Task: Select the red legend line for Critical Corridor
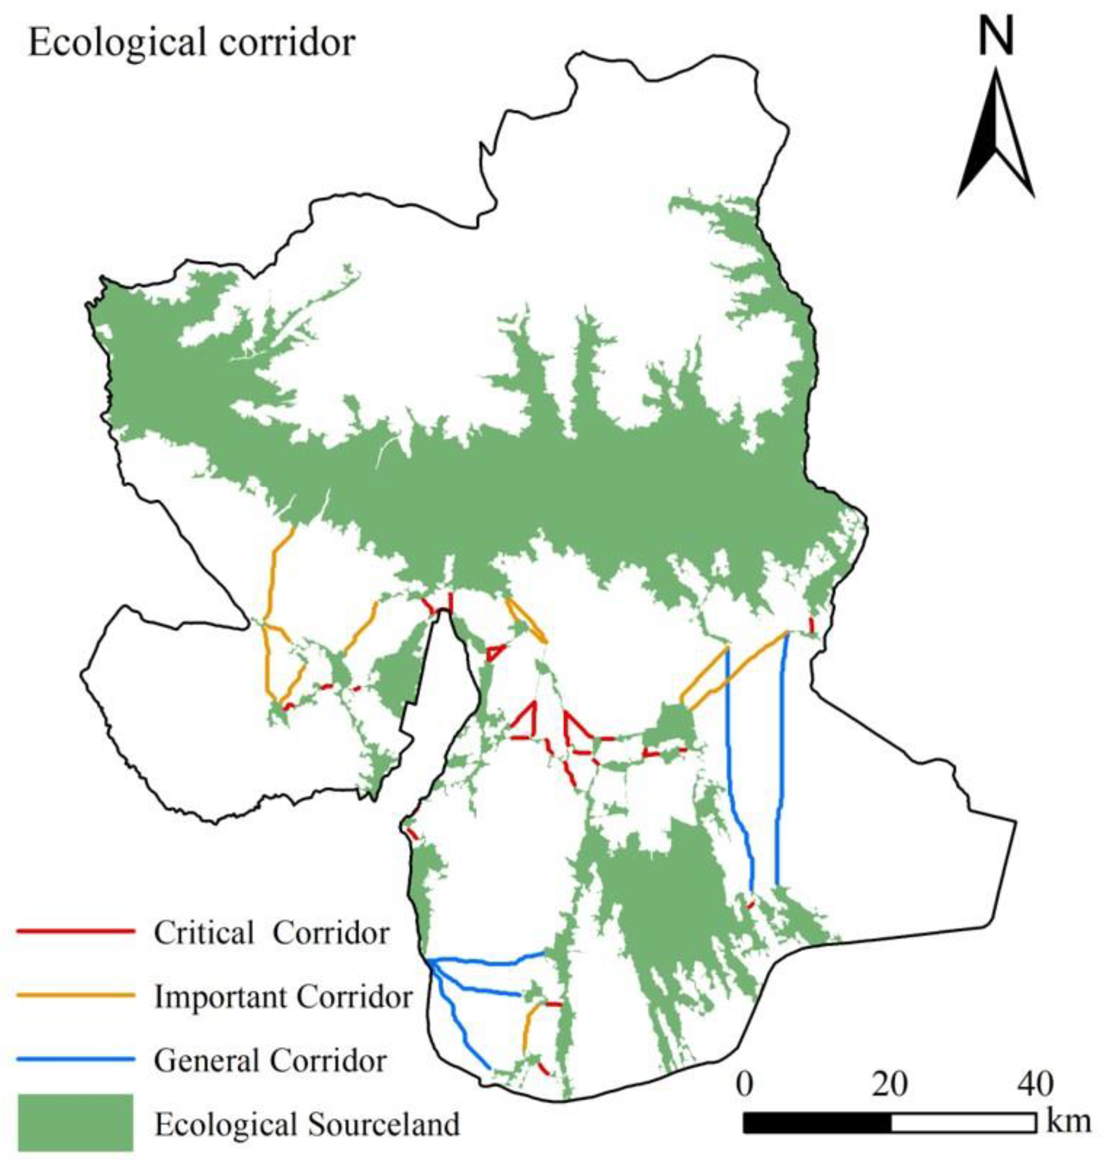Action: tap(76, 931)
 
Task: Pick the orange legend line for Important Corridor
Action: tap(76, 996)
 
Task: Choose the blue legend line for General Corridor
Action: tap(76, 1059)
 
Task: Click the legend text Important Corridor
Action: tap(283, 996)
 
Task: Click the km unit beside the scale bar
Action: tap(1068, 1121)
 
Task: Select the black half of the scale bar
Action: tap(817, 1122)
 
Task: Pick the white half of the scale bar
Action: tap(963, 1122)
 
